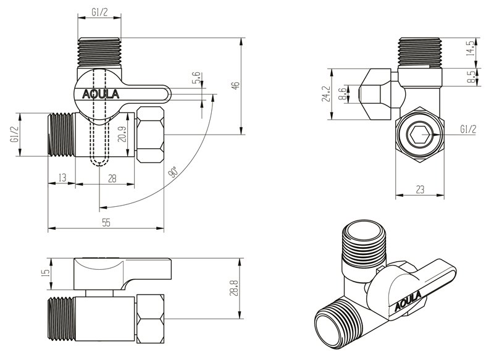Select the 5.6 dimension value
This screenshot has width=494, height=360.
coord(196,78)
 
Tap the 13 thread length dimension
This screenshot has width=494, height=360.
coord(62,178)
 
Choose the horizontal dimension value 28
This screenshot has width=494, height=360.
coord(112,178)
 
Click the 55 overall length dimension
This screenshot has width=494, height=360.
coord(106,223)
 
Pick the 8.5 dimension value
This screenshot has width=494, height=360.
coord(472,77)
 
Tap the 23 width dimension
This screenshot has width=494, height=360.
coord(421,190)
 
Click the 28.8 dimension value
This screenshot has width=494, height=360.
coord(235,288)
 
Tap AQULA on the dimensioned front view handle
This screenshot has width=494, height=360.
coord(103,95)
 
